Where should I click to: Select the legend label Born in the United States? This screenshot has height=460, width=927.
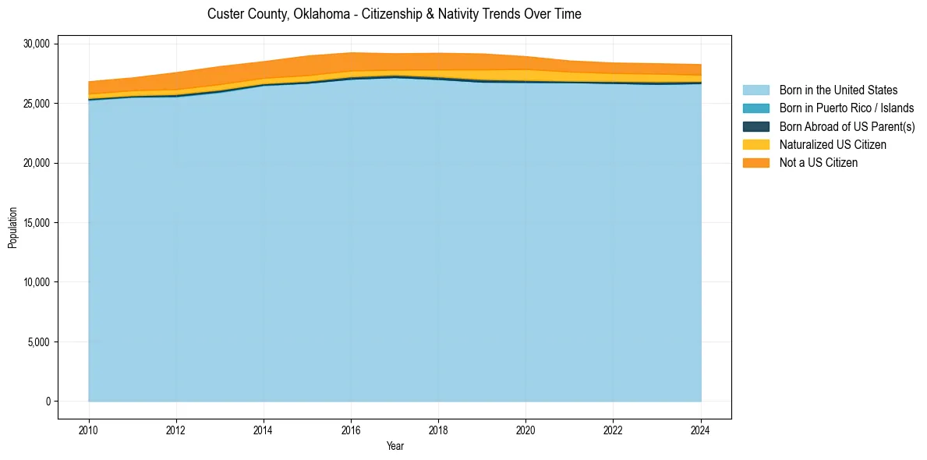click(838, 90)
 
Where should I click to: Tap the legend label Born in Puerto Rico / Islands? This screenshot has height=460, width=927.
click(847, 108)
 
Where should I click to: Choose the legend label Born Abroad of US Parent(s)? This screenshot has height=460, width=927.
click(847, 126)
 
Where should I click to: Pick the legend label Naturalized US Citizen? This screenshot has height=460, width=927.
click(833, 144)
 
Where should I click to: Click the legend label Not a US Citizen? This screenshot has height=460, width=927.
click(819, 162)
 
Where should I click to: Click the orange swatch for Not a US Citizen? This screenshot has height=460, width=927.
click(755, 162)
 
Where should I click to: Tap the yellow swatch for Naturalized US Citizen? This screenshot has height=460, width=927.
click(755, 144)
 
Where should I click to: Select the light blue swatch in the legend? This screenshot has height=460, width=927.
click(755, 90)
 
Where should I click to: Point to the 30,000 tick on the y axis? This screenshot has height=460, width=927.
click(36, 44)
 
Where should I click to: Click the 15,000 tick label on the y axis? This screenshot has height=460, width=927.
click(36, 223)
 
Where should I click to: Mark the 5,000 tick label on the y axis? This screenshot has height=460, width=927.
click(38, 342)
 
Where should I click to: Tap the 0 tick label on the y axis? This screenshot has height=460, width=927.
click(48, 402)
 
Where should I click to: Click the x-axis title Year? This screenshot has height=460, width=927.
click(395, 446)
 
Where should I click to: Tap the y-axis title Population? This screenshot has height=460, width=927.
click(12, 228)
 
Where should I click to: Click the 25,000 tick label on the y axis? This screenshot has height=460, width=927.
click(36, 104)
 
